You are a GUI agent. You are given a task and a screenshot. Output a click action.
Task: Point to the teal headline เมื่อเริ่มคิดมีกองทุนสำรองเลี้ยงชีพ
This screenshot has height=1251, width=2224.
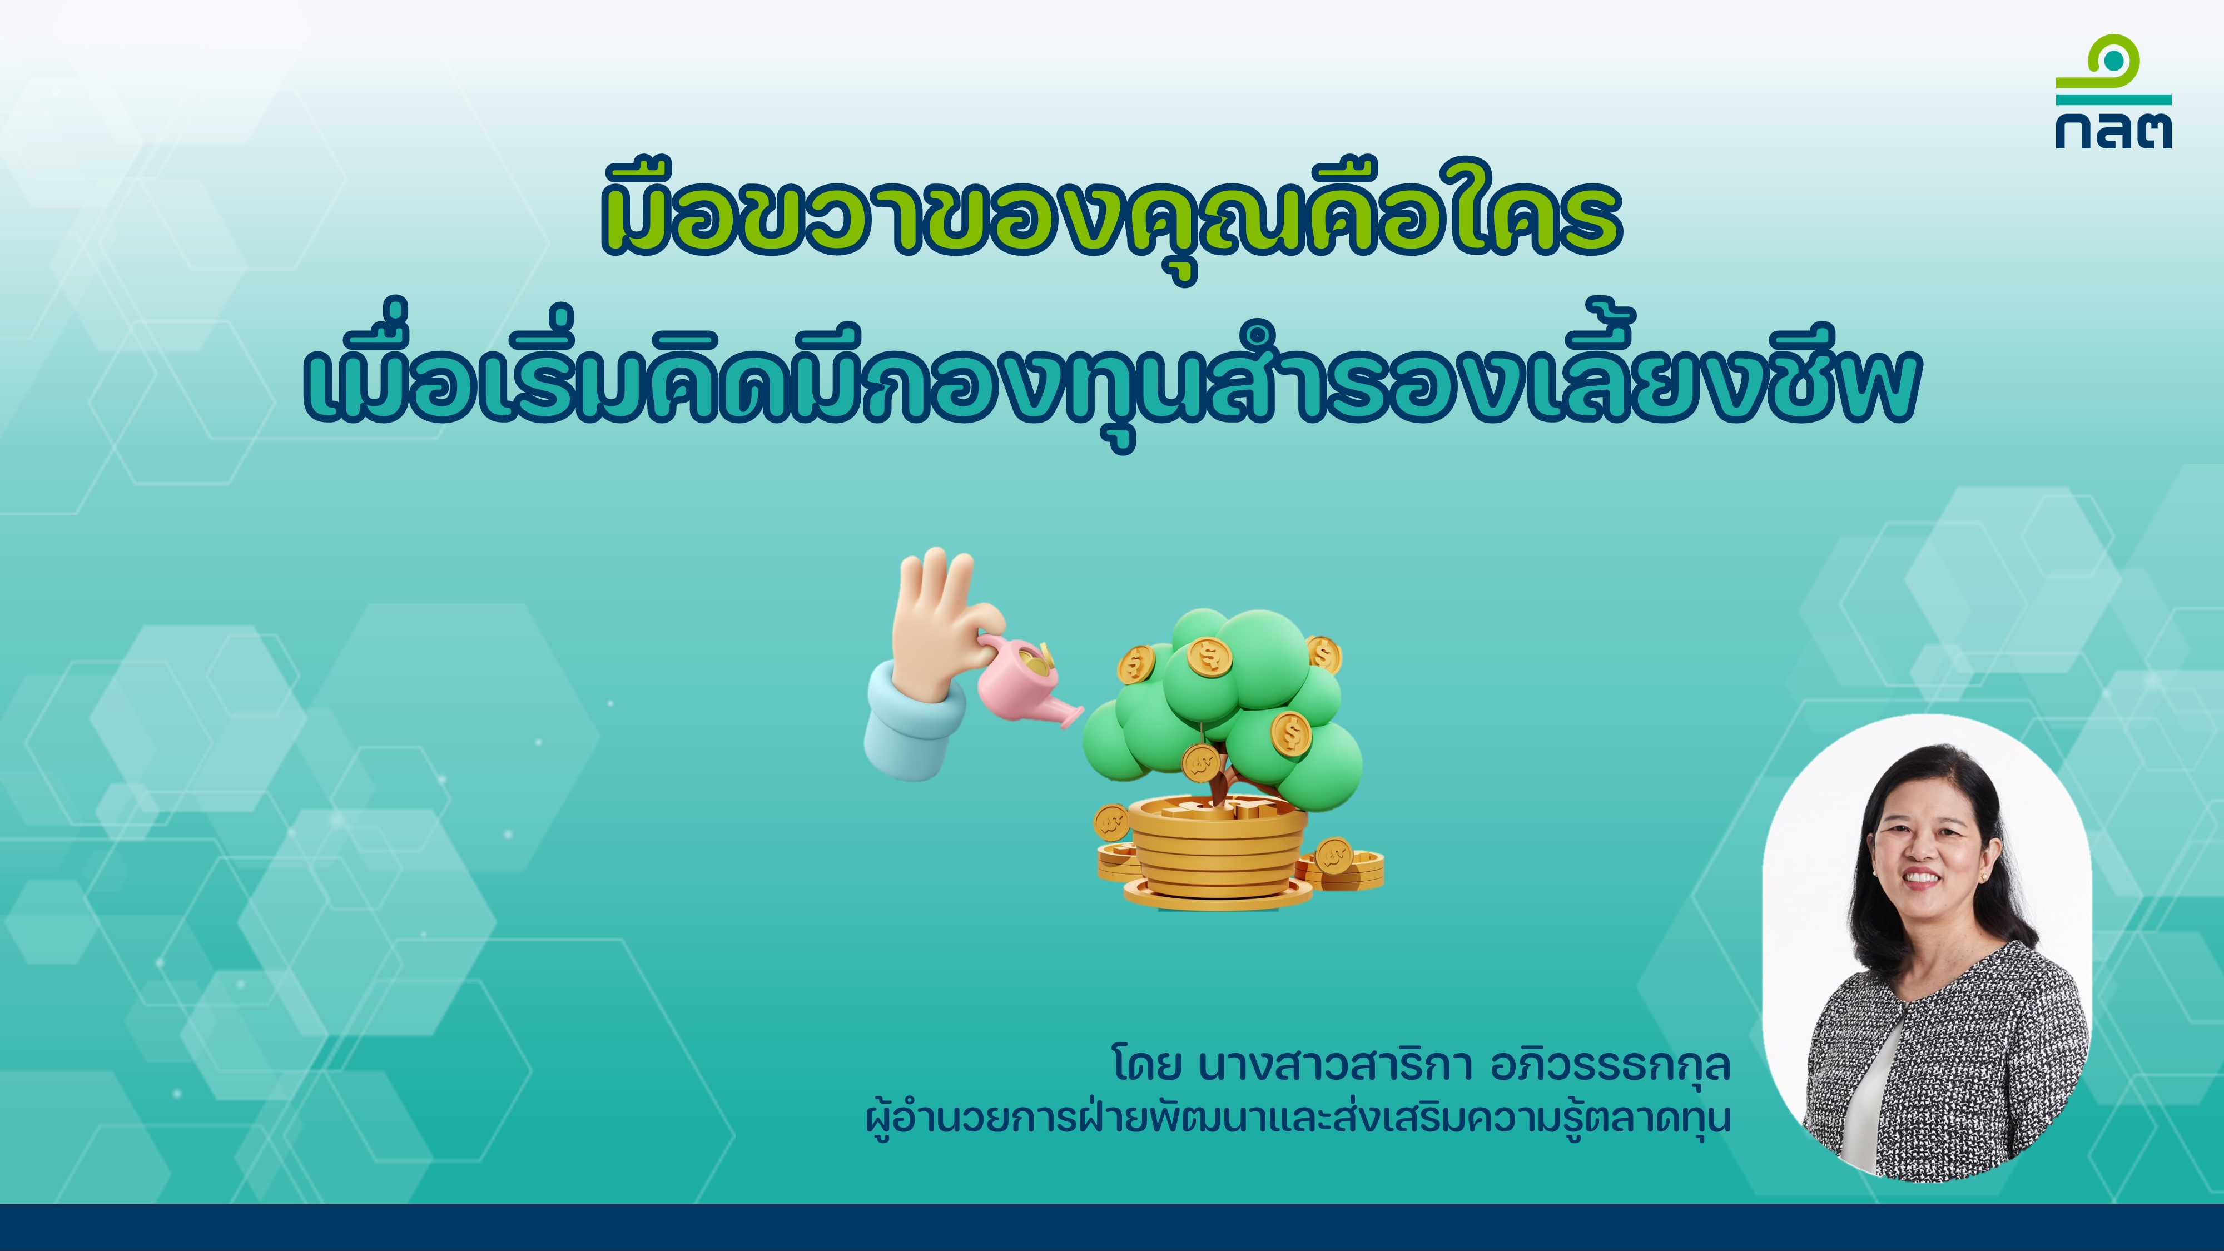pos(1112,380)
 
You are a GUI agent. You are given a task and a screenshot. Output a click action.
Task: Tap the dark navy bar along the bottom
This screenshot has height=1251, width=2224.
pos(1112,1227)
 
